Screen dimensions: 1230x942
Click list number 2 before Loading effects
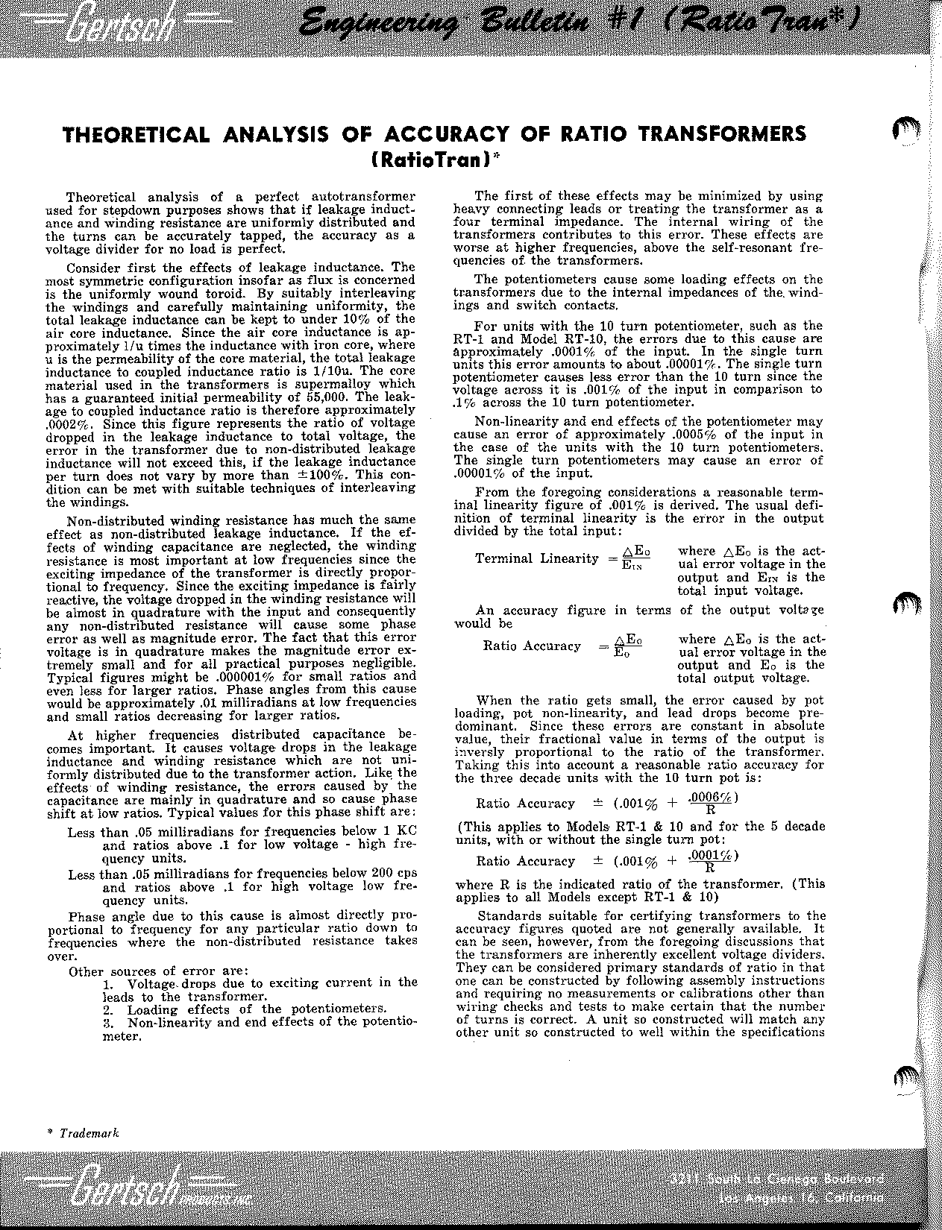pos(108,1010)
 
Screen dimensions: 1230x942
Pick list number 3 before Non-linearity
pos(108,1023)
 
